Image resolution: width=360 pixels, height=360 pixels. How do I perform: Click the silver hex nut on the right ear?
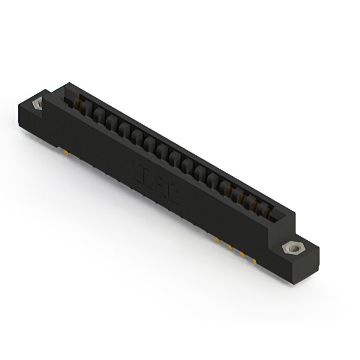point(292,247)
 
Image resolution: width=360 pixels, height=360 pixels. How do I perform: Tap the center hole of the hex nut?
point(292,247)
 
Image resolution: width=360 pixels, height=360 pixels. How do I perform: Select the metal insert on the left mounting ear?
point(39,104)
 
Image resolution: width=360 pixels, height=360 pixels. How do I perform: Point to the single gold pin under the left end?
point(66,151)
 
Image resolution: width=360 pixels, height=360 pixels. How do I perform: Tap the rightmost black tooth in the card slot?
point(260,208)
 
